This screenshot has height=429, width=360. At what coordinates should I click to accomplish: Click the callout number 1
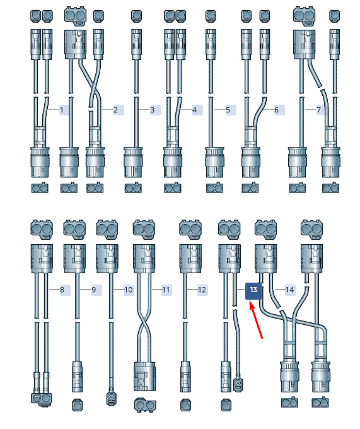(62, 110)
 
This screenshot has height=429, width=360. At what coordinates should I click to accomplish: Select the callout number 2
(115, 110)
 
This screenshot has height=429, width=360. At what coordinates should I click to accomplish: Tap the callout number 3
(153, 110)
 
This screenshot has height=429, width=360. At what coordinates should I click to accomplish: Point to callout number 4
(194, 110)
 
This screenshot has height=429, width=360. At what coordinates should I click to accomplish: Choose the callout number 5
(228, 110)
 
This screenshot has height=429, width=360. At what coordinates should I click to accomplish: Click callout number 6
(276, 110)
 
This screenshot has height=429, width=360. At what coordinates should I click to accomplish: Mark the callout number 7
(319, 110)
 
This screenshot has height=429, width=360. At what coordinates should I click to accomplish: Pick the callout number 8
(62, 290)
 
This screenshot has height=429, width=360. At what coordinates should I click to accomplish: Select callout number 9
(94, 290)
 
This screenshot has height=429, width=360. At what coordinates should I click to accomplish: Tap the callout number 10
(128, 290)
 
